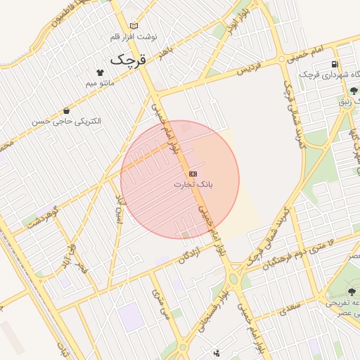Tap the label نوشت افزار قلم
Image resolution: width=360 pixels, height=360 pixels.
[134, 36]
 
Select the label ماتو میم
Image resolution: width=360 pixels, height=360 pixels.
[100, 84]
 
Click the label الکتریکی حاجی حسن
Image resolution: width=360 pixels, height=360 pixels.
[65, 121]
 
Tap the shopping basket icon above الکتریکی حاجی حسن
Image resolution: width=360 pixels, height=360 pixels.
[66, 110]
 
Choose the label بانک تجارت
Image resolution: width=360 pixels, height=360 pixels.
[193, 184]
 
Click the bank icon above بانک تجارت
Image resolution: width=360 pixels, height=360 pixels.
[193, 173]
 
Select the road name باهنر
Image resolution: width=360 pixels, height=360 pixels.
[166, 53]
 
